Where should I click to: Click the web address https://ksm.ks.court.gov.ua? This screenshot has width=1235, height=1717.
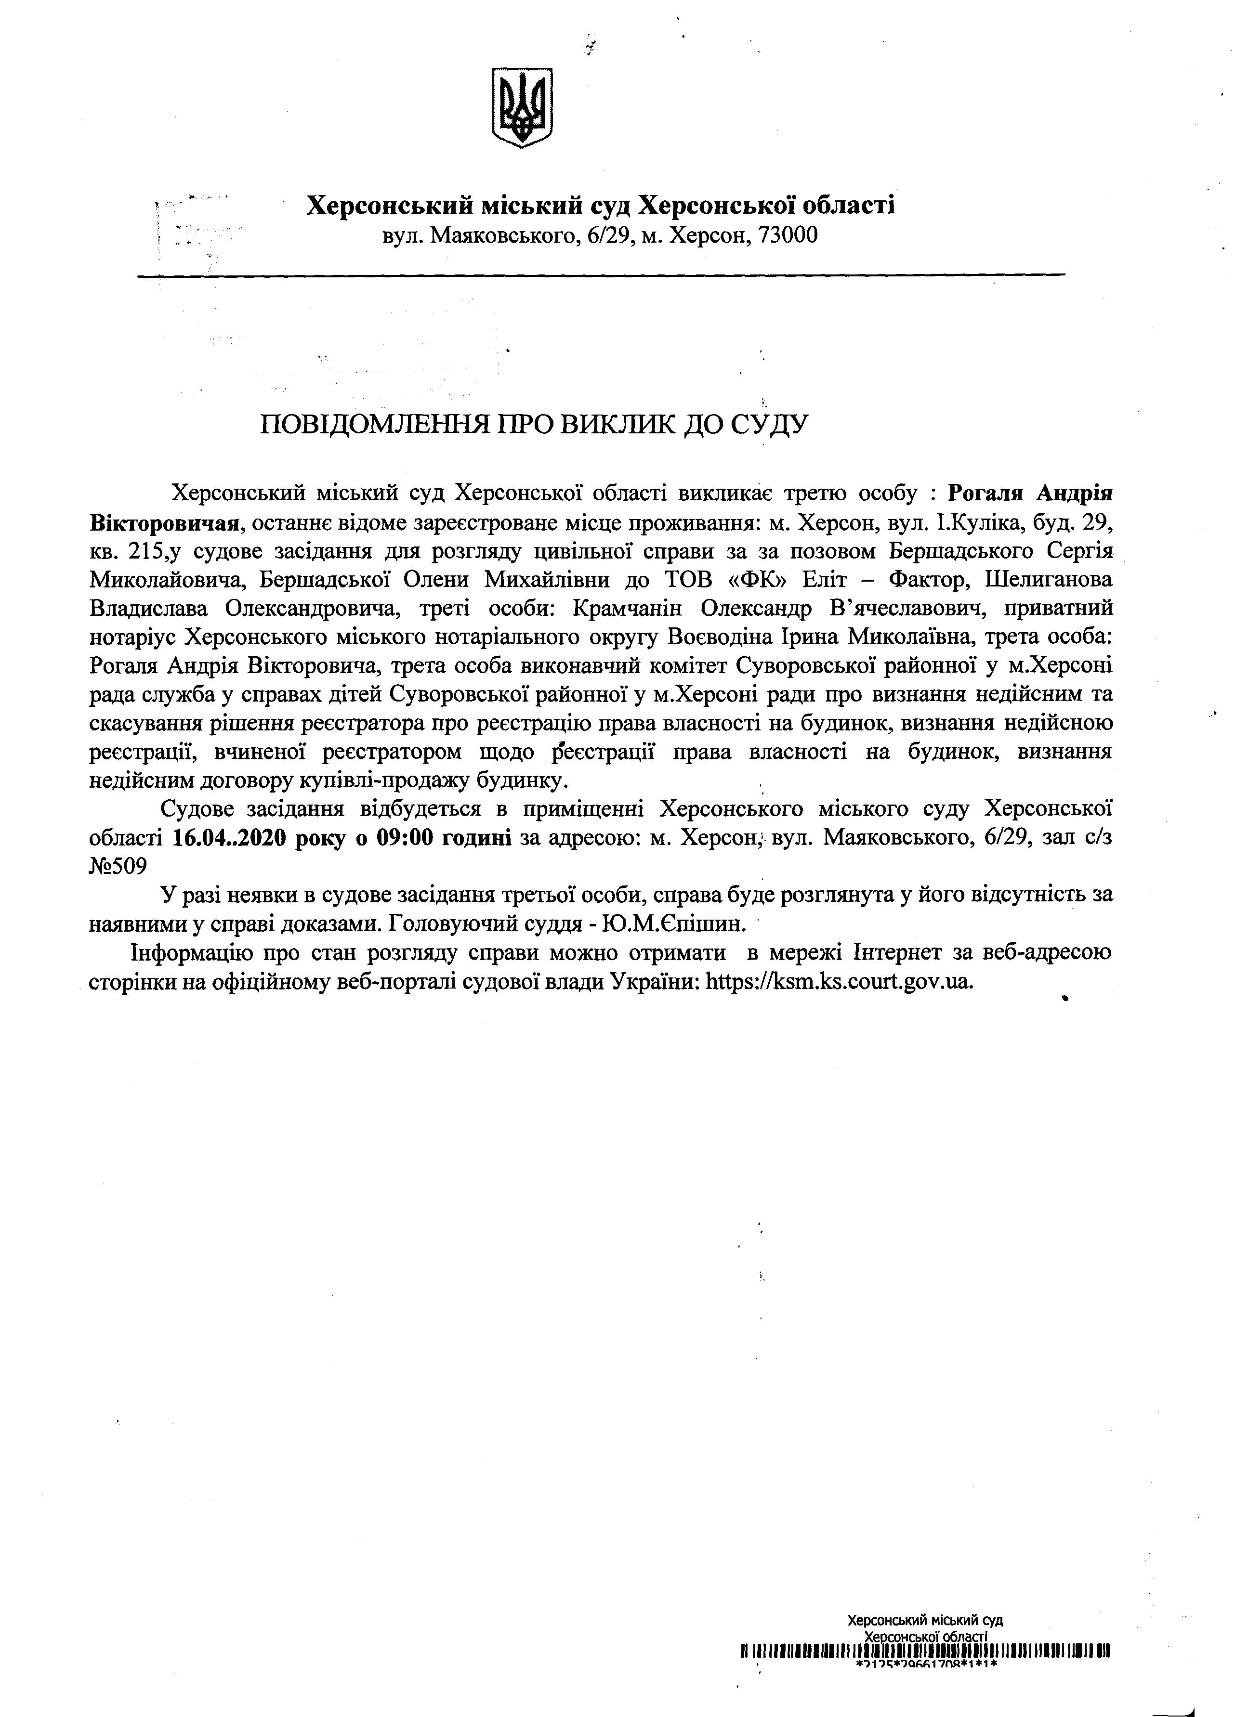[838, 982]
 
